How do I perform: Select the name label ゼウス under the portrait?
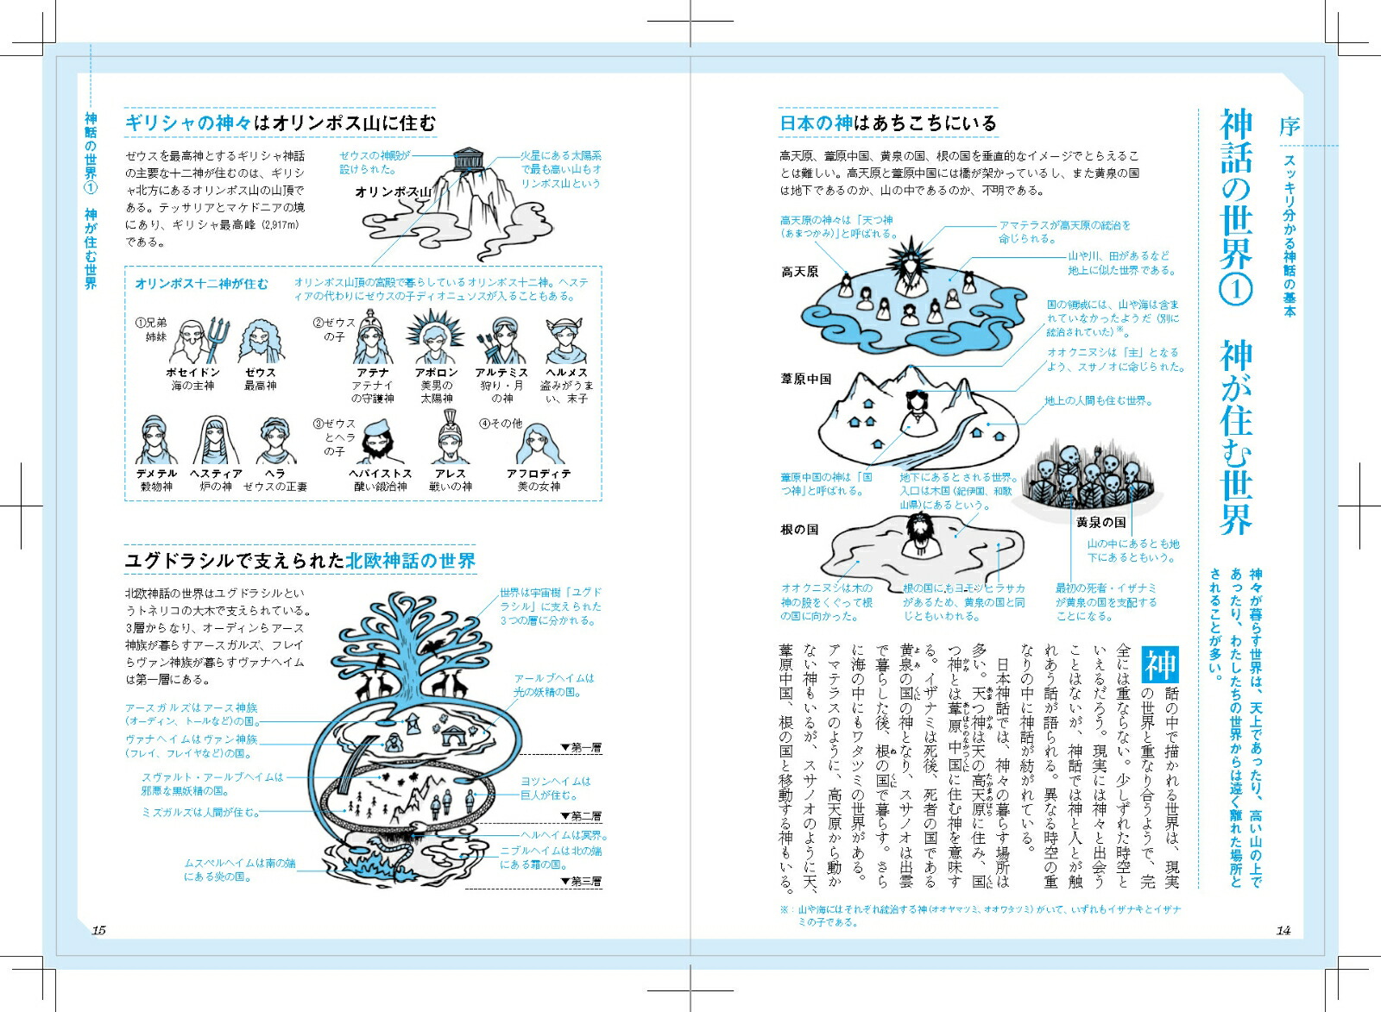(x=260, y=373)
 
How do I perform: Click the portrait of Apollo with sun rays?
(x=437, y=338)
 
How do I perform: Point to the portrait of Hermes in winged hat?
(x=566, y=341)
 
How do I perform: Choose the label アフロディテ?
(x=539, y=474)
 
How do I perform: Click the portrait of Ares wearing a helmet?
(x=450, y=437)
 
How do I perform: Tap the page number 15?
(x=98, y=930)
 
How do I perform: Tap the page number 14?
(x=1283, y=930)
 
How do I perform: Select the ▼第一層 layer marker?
(x=581, y=747)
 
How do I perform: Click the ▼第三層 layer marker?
(x=581, y=882)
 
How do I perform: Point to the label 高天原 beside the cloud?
(x=799, y=272)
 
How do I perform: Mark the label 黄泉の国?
(x=1101, y=522)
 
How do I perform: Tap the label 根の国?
(x=799, y=529)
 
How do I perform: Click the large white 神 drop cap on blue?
(x=1160, y=664)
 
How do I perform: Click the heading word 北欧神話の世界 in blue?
(x=411, y=561)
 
